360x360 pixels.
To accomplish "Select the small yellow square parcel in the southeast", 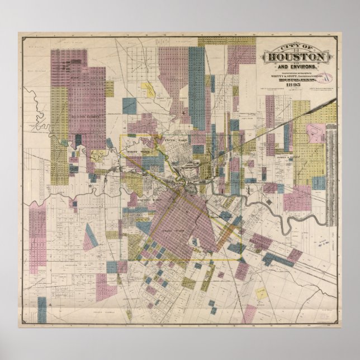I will pos(261,293).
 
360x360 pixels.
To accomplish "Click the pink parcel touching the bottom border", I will pos(250,313).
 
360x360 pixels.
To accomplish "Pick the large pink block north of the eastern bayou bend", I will pos(296,198).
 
